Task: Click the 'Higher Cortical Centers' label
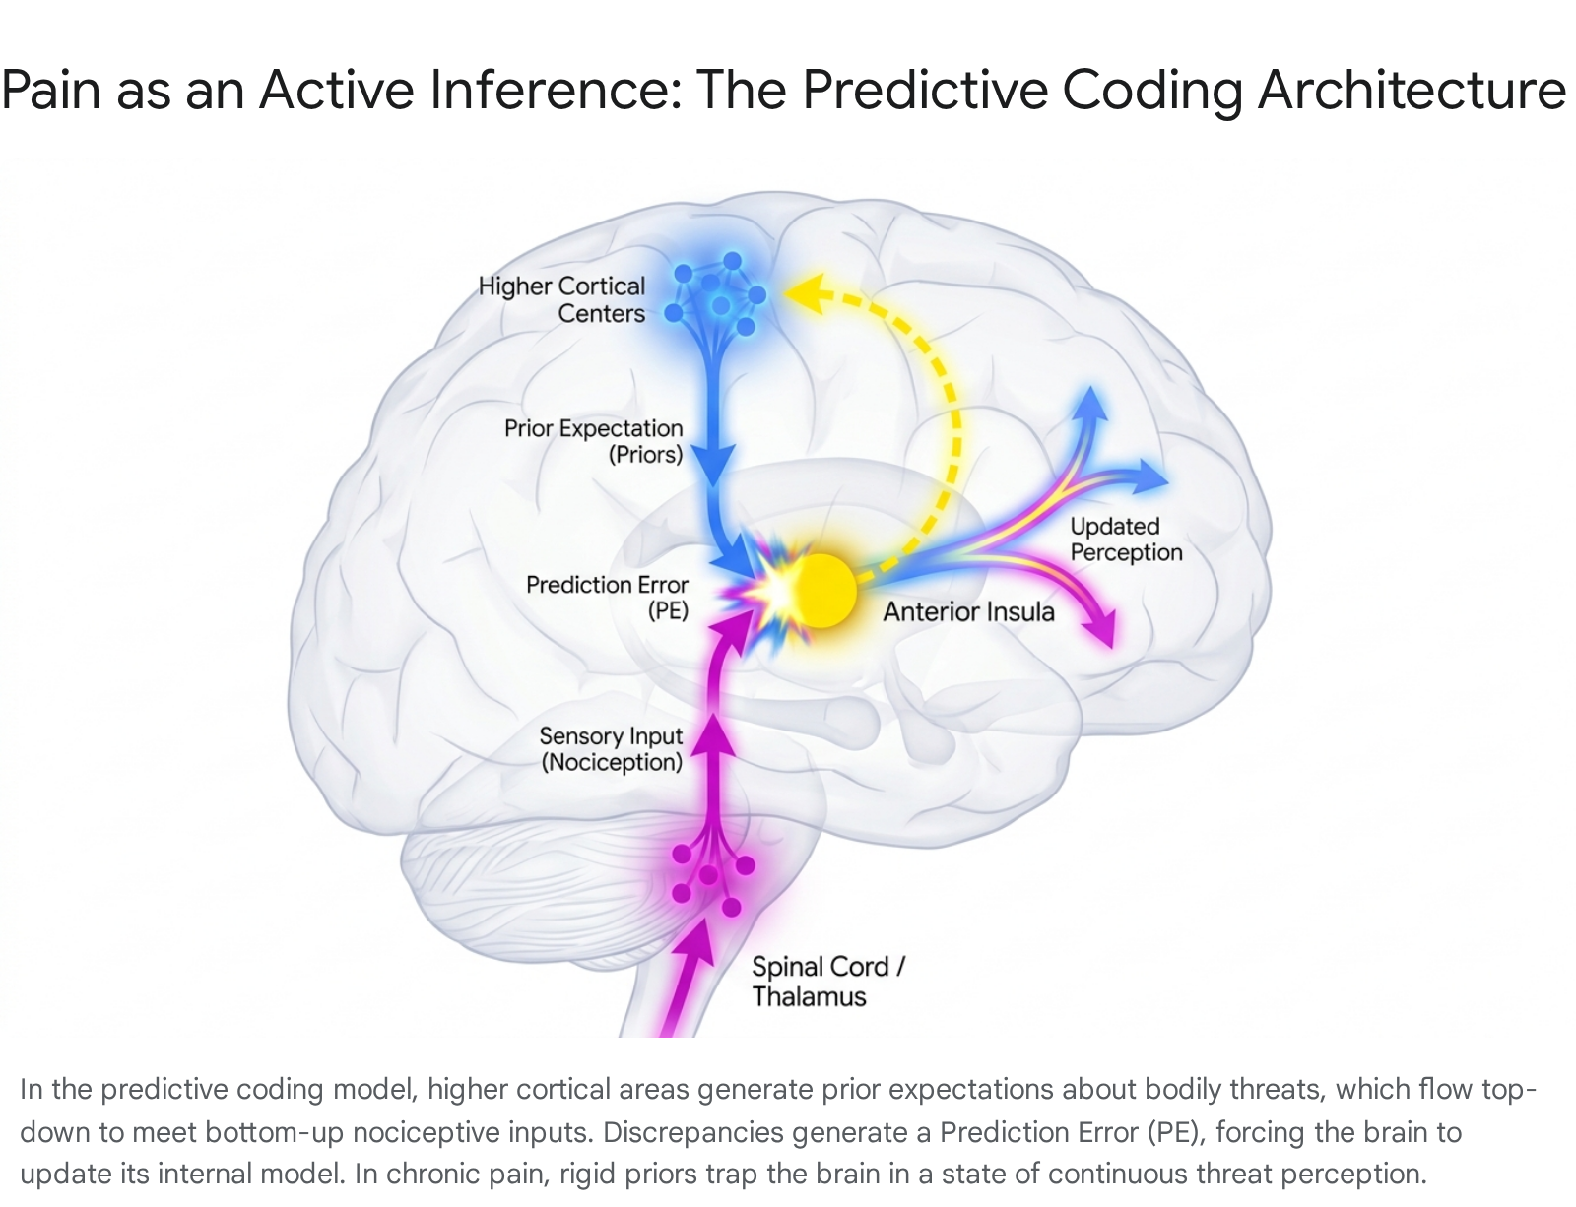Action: click(x=562, y=299)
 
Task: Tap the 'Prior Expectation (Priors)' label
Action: click(x=594, y=441)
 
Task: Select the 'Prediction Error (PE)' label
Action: click(x=607, y=598)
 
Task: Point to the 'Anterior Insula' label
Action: click(x=968, y=611)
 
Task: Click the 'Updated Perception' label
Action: click(x=1126, y=540)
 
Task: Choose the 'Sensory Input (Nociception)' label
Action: click(x=612, y=749)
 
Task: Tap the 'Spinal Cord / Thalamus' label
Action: click(x=828, y=982)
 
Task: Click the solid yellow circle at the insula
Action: click(x=821, y=591)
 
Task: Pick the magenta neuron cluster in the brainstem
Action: click(x=712, y=881)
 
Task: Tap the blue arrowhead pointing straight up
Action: click(x=1090, y=405)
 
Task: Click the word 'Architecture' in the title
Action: click(x=1412, y=91)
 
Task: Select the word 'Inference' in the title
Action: click(x=556, y=90)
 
